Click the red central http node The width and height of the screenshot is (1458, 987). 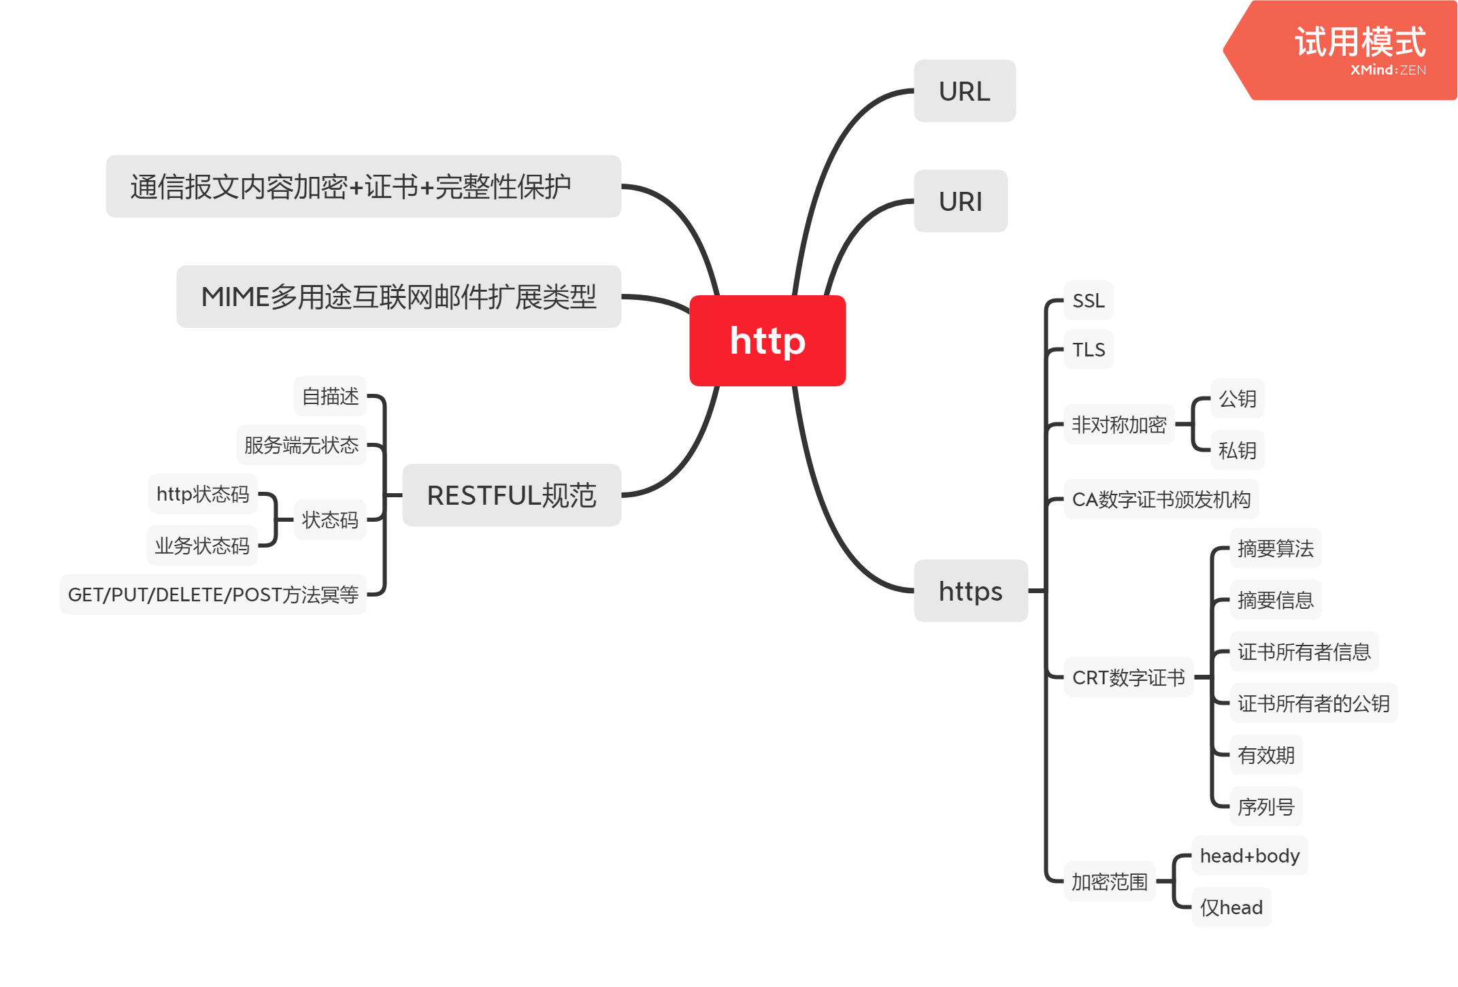coord(767,341)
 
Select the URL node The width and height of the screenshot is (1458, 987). coord(964,91)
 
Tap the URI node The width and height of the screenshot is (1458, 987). coord(960,201)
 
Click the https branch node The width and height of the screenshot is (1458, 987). coord(970,591)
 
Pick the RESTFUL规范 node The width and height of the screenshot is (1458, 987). coord(511,495)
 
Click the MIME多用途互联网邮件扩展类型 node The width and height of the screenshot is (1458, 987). coord(398,297)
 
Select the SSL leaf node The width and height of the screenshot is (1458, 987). coord(1088,301)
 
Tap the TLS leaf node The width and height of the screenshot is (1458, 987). coord(1089,350)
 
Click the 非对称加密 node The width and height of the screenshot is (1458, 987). coord(1119,424)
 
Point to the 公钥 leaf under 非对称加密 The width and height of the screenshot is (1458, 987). coord(1237,399)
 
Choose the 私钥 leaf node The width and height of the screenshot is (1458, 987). coord(1237,450)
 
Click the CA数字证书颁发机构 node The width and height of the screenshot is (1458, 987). coord(1161,499)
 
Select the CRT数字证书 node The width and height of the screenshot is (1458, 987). coord(1128,677)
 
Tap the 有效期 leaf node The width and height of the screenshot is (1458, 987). coord(1265,755)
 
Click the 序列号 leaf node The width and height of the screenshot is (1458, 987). coord(1265,807)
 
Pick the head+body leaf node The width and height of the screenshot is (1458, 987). coord(1249,856)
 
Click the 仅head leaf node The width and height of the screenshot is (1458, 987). coord(1231,907)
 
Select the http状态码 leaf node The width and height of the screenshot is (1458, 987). coord(203,494)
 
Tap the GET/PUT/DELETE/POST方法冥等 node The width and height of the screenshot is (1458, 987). coord(213,595)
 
